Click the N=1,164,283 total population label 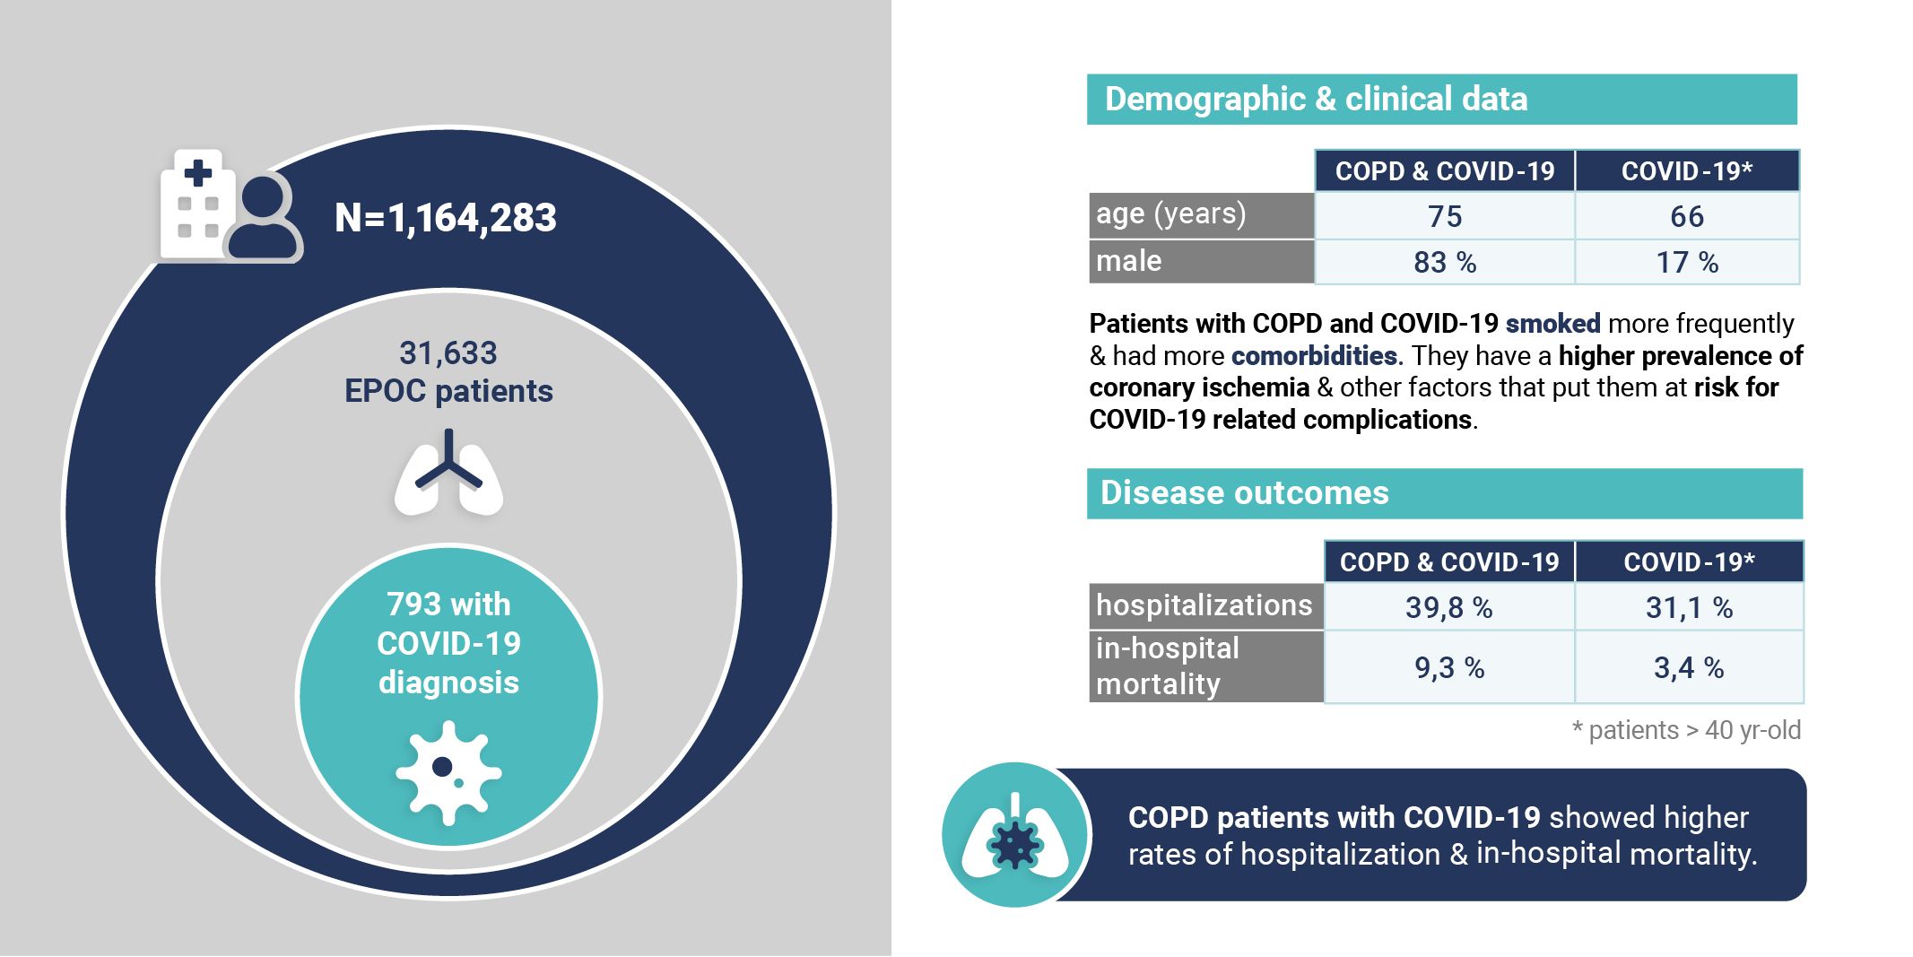pyautogui.click(x=446, y=218)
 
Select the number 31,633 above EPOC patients pyautogui.click(x=448, y=353)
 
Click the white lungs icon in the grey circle pyautogui.click(x=448, y=473)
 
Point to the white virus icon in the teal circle pyautogui.click(x=448, y=772)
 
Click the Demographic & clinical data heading pyautogui.click(x=1316, y=99)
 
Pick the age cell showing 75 pyautogui.click(x=1445, y=216)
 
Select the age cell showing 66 pyautogui.click(x=1687, y=216)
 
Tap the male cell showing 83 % pyautogui.click(x=1445, y=262)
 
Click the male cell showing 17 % pyautogui.click(x=1687, y=262)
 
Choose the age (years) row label pyautogui.click(x=1170, y=214)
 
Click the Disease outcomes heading pyautogui.click(x=1245, y=492)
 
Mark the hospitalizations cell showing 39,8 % pyautogui.click(x=1449, y=607)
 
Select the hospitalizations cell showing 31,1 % pyautogui.click(x=1690, y=607)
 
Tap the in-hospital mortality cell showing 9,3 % pyautogui.click(x=1449, y=667)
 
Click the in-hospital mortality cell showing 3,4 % pyautogui.click(x=1690, y=667)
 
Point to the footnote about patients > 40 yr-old pyautogui.click(x=1686, y=730)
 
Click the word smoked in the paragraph pyautogui.click(x=1552, y=323)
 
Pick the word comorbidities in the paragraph pyautogui.click(x=1315, y=355)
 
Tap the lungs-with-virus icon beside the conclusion pyautogui.click(x=1015, y=835)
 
